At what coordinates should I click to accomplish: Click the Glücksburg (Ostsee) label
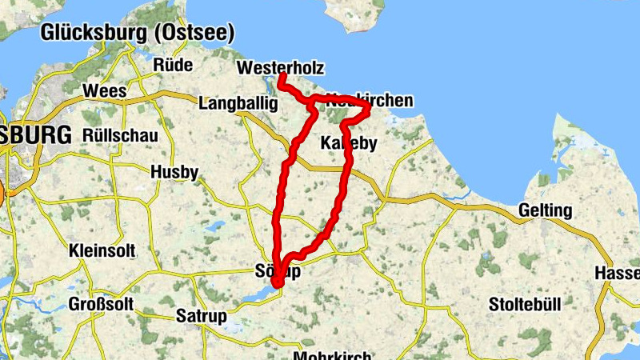(137, 33)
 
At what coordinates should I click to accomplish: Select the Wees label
(105, 90)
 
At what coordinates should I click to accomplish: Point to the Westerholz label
(280, 68)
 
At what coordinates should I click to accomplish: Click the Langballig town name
(238, 104)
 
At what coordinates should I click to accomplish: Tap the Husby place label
(174, 172)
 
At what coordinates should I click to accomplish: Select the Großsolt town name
(100, 305)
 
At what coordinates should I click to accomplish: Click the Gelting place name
(545, 210)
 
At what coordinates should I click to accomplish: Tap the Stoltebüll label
(525, 305)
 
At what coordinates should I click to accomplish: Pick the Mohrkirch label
(333, 354)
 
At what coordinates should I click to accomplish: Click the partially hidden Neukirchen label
(370, 100)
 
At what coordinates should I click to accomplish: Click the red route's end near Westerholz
(282, 76)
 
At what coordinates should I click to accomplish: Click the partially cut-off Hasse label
(617, 273)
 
